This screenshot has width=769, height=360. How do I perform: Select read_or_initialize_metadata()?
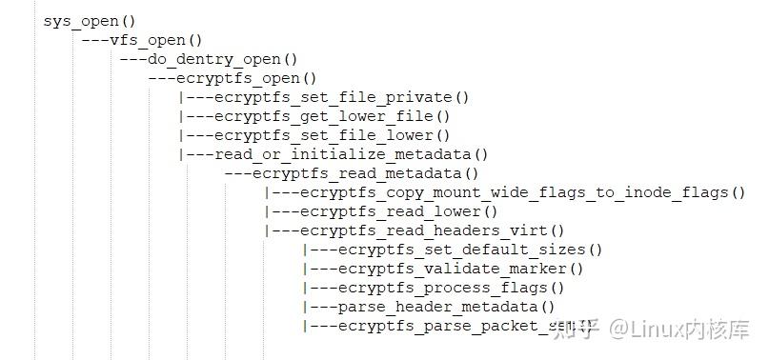(351, 154)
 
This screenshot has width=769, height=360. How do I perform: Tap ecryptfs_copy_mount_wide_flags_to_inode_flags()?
(522, 192)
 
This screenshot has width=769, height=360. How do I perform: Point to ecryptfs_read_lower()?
(398, 211)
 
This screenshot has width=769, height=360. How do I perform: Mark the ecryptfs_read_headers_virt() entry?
(432, 230)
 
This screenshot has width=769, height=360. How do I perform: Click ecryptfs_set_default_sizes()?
(470, 250)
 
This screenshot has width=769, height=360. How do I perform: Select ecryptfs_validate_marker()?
(460, 269)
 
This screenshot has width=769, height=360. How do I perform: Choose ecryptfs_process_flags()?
(451, 288)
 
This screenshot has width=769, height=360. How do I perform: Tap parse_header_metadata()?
(446, 307)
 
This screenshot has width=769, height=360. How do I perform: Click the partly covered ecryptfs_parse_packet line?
(438, 326)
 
